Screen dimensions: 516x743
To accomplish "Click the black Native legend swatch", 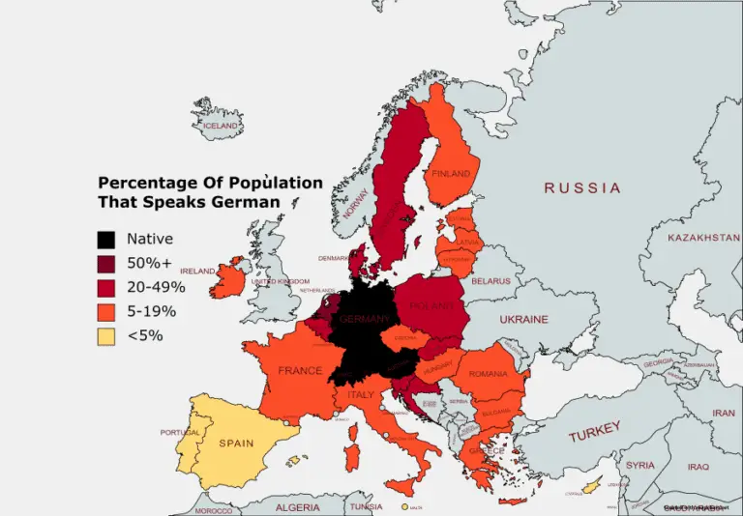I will pyautogui.click(x=106, y=239).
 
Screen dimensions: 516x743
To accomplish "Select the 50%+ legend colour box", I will pyautogui.click(x=106, y=263).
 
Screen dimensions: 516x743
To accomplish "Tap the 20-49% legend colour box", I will pyautogui.click(x=106, y=287).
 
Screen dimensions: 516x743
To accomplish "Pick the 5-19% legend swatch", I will pyautogui.click(x=106, y=311).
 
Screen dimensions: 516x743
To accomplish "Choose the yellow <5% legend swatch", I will pyautogui.click(x=106, y=335).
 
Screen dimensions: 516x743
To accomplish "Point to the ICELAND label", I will pyautogui.click(x=220, y=126).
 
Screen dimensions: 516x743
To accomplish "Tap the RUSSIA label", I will pyautogui.click(x=581, y=187).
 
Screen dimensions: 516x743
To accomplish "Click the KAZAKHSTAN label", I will pyautogui.click(x=703, y=237).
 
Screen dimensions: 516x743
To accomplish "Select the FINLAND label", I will pyautogui.click(x=450, y=174).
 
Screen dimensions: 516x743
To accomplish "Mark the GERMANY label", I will pyautogui.click(x=364, y=319).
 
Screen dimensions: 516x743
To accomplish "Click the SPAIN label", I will pyautogui.click(x=236, y=444).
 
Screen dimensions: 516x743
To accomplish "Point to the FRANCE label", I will pyautogui.click(x=300, y=370).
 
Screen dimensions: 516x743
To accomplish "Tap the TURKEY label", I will pyautogui.click(x=594, y=432).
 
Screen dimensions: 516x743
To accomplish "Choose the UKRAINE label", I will pyautogui.click(x=523, y=319).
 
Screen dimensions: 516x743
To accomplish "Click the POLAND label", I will pyautogui.click(x=431, y=306).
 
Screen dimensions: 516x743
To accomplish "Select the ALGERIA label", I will pyautogui.click(x=297, y=507).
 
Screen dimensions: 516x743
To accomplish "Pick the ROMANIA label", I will pyautogui.click(x=488, y=374).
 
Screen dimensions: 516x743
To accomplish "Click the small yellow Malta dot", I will pyautogui.click(x=404, y=506).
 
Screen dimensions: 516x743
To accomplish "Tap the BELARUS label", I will pyautogui.click(x=490, y=281).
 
